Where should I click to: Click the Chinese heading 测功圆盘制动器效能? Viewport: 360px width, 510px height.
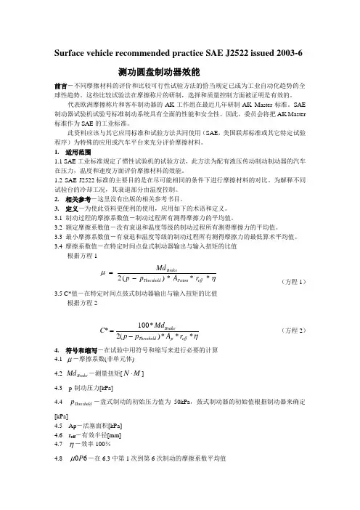(x=179, y=73)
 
